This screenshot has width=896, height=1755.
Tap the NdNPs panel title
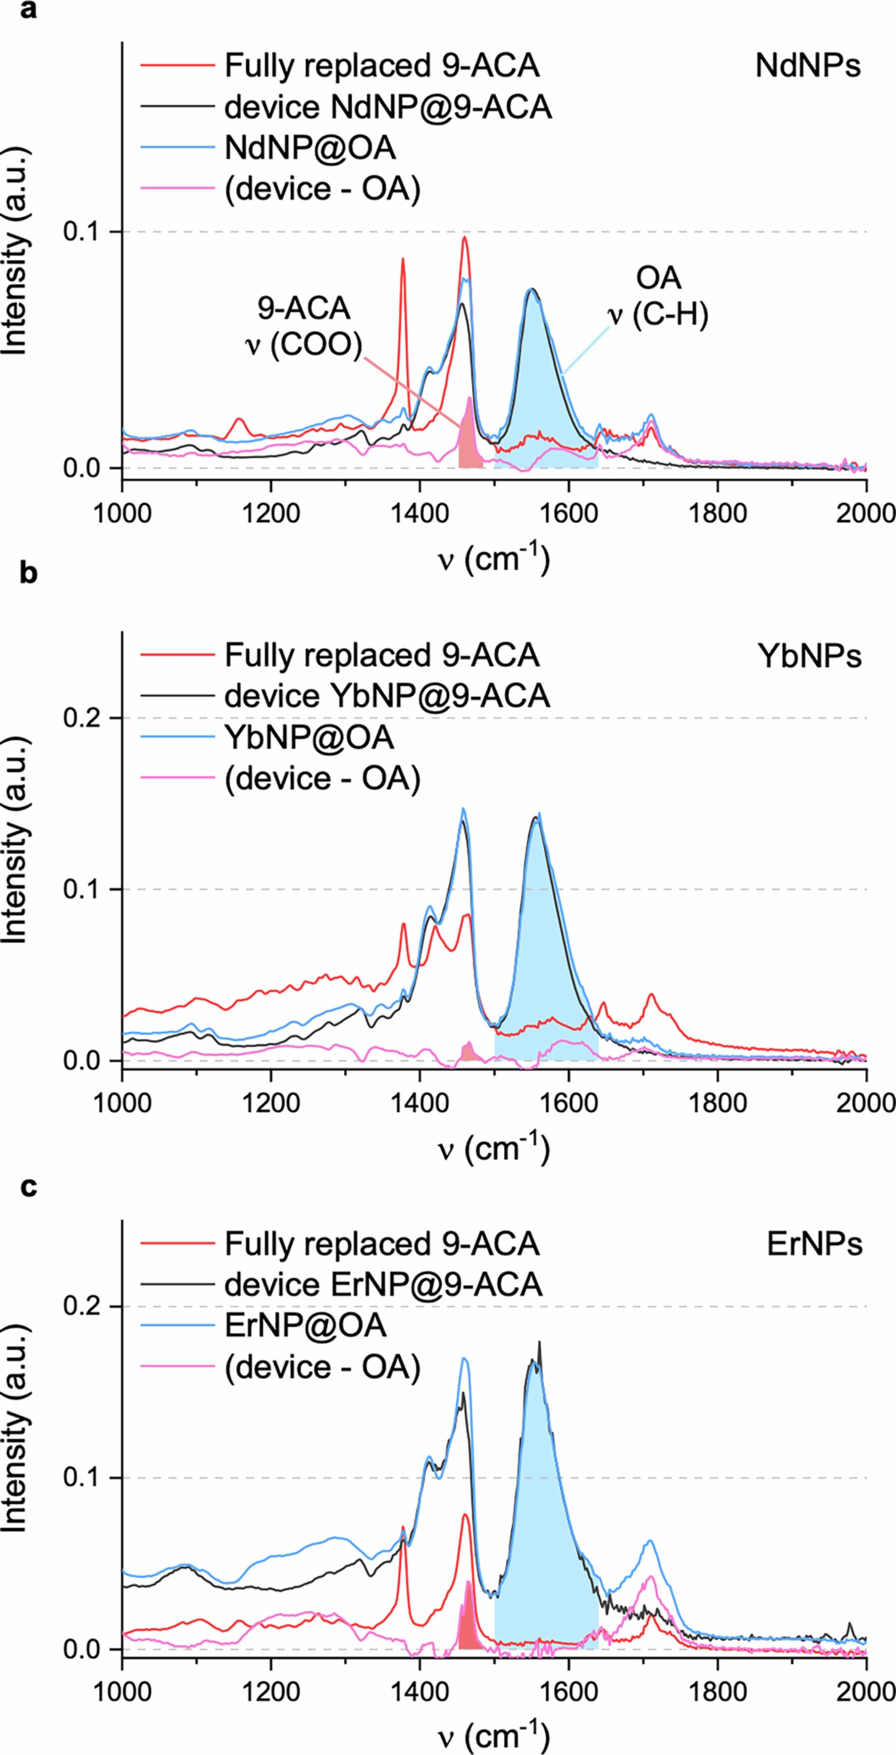808,66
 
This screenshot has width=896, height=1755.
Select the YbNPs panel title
809,656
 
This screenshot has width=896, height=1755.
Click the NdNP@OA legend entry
310,148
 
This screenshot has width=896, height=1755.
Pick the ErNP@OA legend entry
305,1325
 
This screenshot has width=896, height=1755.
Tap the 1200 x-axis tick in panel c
271,1692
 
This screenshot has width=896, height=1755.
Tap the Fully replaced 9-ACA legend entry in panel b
381,656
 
